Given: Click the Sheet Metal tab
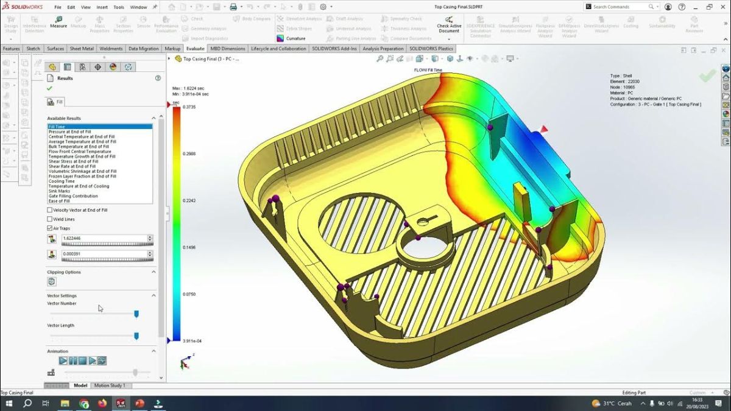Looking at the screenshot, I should click(82, 49).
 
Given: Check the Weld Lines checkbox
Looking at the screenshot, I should click(50, 219).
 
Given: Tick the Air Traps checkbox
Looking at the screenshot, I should click(50, 228).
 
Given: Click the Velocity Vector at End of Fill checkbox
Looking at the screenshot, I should click(50, 210).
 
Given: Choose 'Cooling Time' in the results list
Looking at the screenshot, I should click(62, 181).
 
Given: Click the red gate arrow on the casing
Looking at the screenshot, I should click(543, 129).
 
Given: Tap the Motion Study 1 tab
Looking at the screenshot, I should click(110, 385).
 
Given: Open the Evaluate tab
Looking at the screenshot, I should click(196, 49).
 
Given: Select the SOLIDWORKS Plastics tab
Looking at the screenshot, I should click(431, 49).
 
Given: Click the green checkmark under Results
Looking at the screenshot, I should click(49, 88).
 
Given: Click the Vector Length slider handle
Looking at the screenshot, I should click(136, 335).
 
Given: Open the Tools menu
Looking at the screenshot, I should click(118, 7).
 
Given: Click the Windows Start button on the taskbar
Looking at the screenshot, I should click(9, 404).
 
